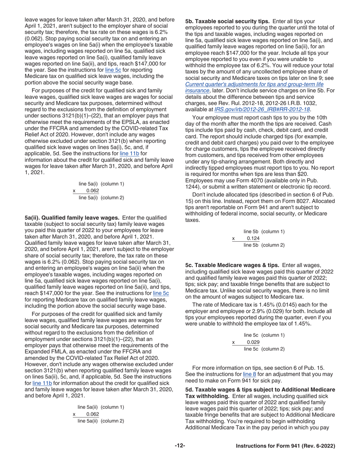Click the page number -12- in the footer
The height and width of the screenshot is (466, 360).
coord(180,446)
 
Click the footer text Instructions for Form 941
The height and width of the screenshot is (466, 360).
coord(285,446)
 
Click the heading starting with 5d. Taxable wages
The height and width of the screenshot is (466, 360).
coord(260,390)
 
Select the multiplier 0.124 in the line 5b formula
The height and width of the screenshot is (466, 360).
coord(253,238)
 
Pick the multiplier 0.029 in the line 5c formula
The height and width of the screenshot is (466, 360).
coord(253,342)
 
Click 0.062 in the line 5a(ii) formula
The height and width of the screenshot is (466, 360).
coord(92,414)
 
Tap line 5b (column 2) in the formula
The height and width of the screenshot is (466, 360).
coord(264,245)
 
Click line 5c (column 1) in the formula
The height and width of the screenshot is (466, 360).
coord(264,335)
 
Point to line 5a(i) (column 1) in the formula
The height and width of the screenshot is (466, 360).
coord(101,184)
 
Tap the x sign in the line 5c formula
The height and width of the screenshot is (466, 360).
coord(233,342)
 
